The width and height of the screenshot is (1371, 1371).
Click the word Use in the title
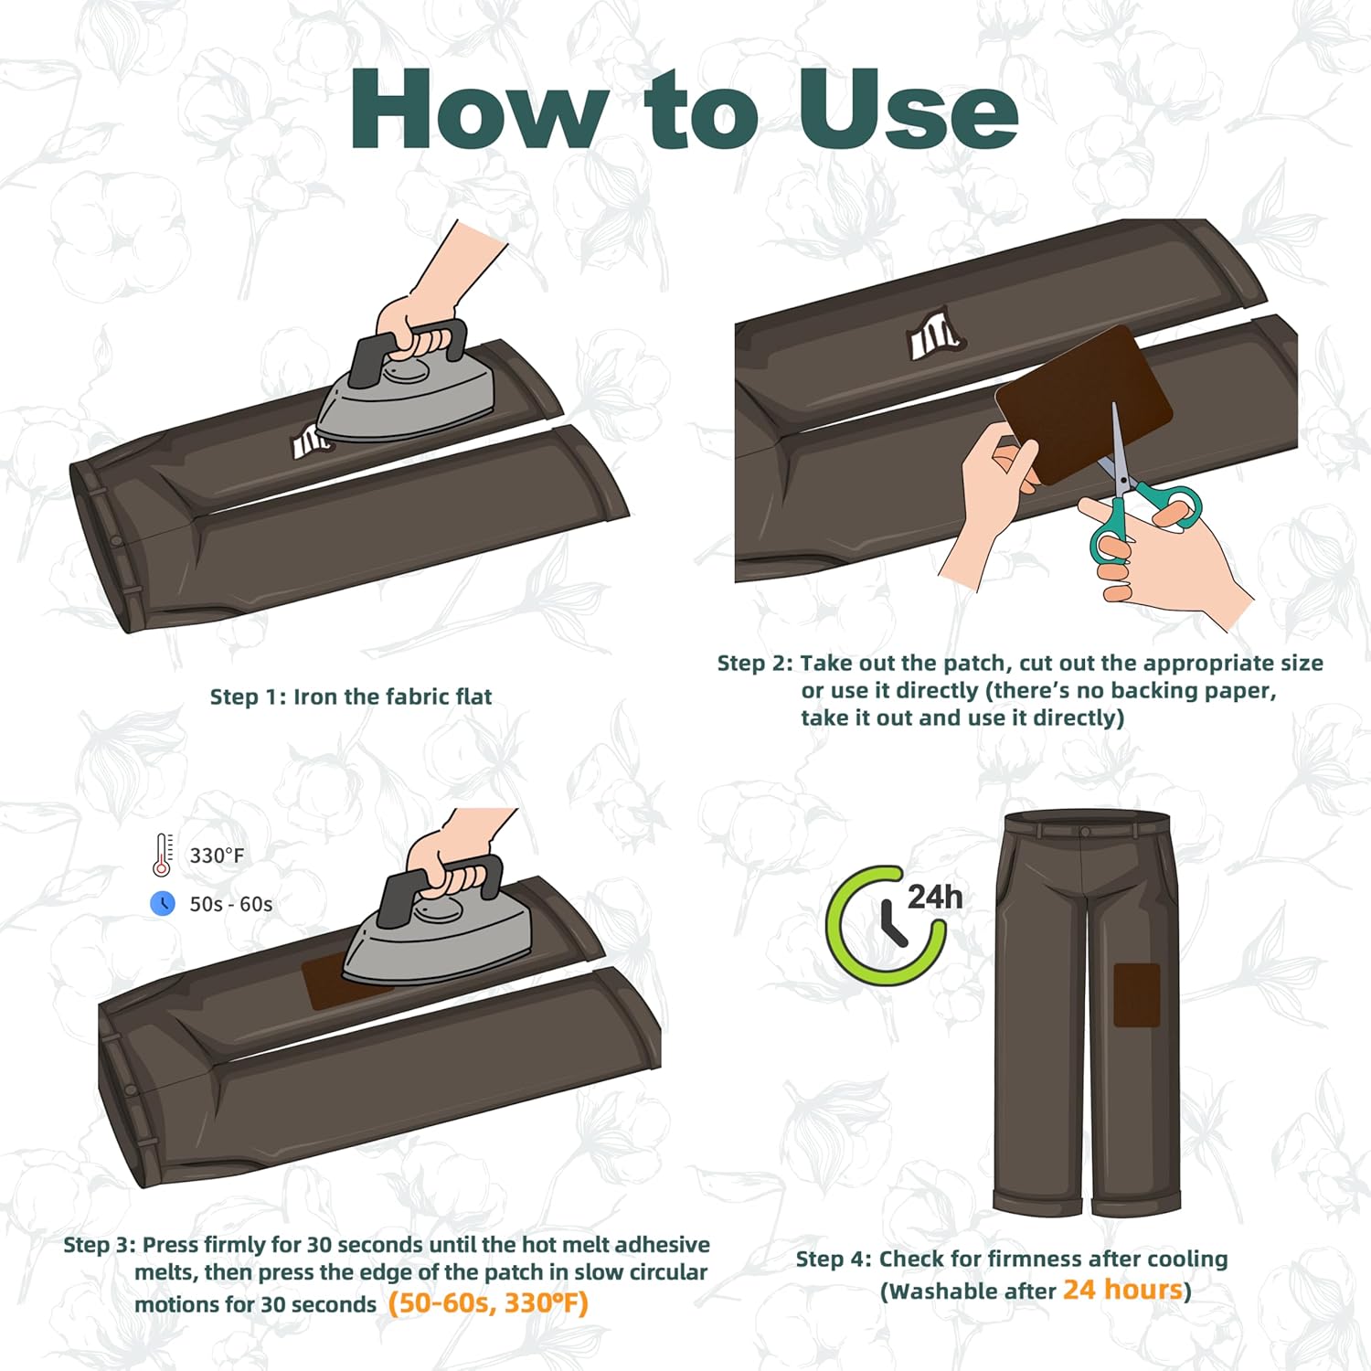point(909,109)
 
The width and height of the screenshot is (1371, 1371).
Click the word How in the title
point(479,109)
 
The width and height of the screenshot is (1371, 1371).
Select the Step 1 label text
point(351,696)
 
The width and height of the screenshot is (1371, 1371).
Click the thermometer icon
point(163,856)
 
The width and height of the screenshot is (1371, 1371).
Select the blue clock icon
point(163,903)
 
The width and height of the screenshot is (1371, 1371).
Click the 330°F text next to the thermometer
point(217,856)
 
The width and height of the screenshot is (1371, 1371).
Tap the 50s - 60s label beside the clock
point(230,904)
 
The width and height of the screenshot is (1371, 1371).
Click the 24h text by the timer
point(934,897)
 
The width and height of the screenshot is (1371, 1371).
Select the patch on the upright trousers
point(1137,994)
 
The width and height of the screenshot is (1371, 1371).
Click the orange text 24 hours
point(1122,1289)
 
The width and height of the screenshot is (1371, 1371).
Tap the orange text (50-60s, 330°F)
point(488,1302)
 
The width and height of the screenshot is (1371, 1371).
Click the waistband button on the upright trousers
point(1085,832)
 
